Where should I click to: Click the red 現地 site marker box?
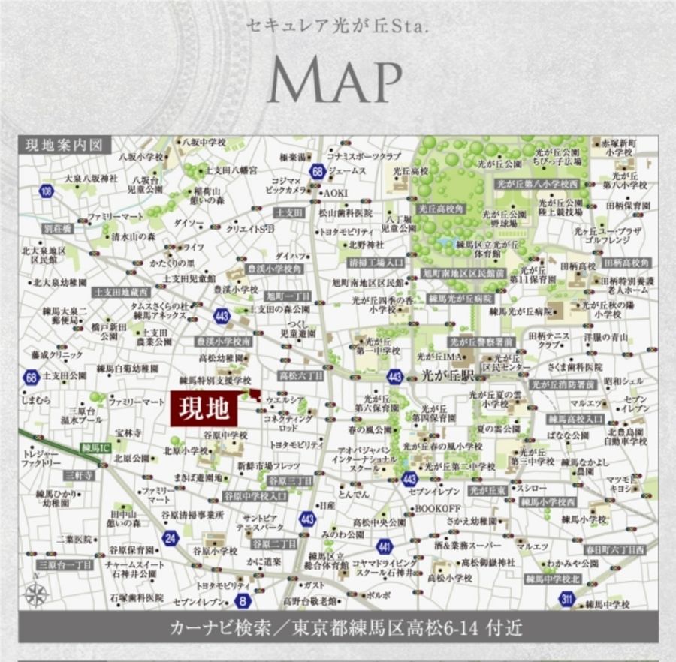point(203,409)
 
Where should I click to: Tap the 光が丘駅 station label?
point(448,374)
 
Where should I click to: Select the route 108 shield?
point(47,191)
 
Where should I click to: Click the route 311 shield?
point(569,598)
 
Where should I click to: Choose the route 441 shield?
point(385,546)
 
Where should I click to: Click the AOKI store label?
point(336,193)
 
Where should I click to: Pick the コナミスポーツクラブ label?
point(364,157)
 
